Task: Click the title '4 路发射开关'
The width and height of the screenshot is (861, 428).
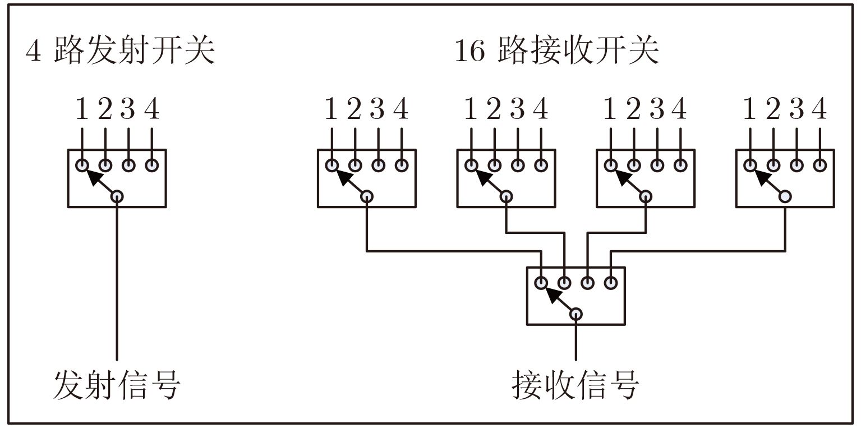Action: pyautogui.click(x=120, y=52)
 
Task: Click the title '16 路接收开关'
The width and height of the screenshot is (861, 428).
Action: pyautogui.click(x=556, y=52)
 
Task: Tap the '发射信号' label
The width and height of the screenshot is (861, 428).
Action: pyautogui.click(x=117, y=385)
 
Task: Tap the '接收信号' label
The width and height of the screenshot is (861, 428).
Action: pyautogui.click(x=575, y=385)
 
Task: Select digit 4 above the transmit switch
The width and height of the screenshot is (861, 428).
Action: pyautogui.click(x=151, y=109)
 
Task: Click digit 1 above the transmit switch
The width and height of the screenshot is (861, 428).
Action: pyautogui.click(x=82, y=109)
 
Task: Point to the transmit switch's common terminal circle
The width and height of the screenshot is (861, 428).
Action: pyautogui.click(x=117, y=196)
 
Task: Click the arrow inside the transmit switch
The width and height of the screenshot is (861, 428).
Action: pyautogui.click(x=98, y=180)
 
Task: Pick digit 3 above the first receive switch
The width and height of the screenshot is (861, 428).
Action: pyautogui.click(x=377, y=109)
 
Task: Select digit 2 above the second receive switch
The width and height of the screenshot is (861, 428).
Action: pyautogui.click(x=494, y=109)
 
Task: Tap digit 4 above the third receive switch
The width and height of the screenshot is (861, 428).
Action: pyautogui.click(x=679, y=109)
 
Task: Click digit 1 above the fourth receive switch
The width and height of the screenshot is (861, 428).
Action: pyautogui.click(x=750, y=109)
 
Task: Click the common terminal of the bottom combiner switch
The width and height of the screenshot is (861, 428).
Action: pyautogui.click(x=576, y=314)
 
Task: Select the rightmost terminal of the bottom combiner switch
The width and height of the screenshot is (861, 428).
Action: pyautogui.click(x=611, y=283)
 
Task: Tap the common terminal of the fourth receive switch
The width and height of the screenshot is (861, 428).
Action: pyautogui.click(x=785, y=196)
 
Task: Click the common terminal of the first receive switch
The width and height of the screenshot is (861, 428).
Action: pyautogui.click(x=367, y=196)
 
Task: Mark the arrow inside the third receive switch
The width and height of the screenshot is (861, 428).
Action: pyautogui.click(x=628, y=180)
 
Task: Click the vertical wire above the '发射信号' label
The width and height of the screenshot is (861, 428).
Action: pyautogui.click(x=117, y=280)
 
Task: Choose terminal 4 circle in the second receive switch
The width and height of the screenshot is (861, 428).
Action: pyautogui.click(x=541, y=165)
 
